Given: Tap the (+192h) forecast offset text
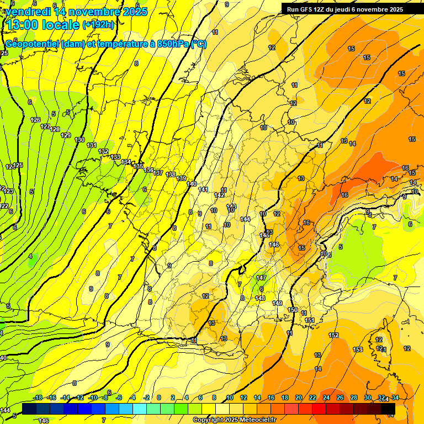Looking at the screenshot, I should pos(98,25).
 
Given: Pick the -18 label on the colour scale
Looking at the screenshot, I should pos(38,397).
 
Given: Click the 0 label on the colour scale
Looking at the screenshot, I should pos(158,397).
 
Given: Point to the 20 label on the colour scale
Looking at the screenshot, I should pos(299,397).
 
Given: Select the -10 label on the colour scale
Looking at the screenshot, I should pos(93,397).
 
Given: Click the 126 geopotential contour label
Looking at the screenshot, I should pos(36,120).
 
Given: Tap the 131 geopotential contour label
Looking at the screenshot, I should pos(92,145).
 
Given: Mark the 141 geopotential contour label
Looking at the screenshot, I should pos(203,189).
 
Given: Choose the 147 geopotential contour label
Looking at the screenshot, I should pos(261,278).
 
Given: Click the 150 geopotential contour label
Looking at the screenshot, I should pos(293,310).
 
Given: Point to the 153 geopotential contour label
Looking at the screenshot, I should pos(358,349).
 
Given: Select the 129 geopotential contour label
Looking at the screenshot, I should pos(66,135).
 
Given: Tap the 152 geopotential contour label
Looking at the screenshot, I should pos(333,335).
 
